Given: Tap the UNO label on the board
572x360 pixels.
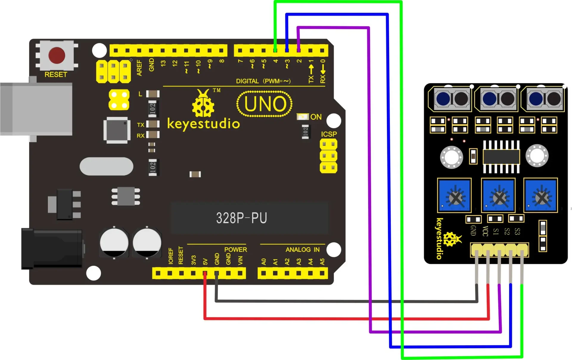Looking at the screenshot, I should point(265,104).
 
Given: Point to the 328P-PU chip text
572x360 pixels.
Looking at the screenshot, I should point(241,218).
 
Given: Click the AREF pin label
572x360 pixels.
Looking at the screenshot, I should point(139,68).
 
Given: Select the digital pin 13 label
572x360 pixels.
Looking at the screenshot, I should point(163,63).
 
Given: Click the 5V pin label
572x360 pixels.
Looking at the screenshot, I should point(205,262).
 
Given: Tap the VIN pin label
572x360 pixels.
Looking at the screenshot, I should point(240,260).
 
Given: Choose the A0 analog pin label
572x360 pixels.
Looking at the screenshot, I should point(264,262).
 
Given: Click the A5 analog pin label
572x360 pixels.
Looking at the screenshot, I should point(322,262).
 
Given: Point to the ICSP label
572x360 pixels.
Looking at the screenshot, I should point(329,134).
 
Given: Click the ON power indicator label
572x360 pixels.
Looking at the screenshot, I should point(316,117).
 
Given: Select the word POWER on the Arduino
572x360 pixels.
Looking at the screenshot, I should point(235,249).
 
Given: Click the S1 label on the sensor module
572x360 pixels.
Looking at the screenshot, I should point(496,231).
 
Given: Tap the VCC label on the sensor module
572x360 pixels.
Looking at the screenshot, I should point(485,231).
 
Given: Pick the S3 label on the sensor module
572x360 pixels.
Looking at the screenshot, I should point(517,231).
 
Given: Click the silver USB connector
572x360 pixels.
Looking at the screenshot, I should point(36,109).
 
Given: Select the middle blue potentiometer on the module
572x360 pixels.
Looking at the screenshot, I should point(498,195).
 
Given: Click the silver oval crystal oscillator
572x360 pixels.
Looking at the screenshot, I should point(106,166).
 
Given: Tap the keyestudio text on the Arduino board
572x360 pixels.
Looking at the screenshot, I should point(203,124).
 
